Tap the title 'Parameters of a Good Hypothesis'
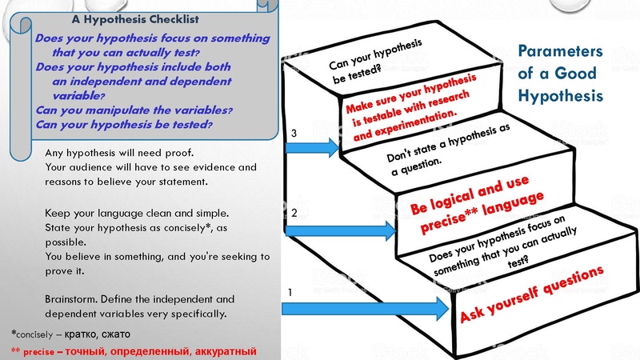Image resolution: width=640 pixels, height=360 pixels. pos(560,74)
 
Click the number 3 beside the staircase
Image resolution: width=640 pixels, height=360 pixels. pos(294,134)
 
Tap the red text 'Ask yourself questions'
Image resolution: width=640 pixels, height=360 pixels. pos(531,297)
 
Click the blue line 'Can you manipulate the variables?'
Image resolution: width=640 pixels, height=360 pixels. pos(134,110)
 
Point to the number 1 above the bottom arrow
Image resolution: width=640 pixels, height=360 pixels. pos(289,293)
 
